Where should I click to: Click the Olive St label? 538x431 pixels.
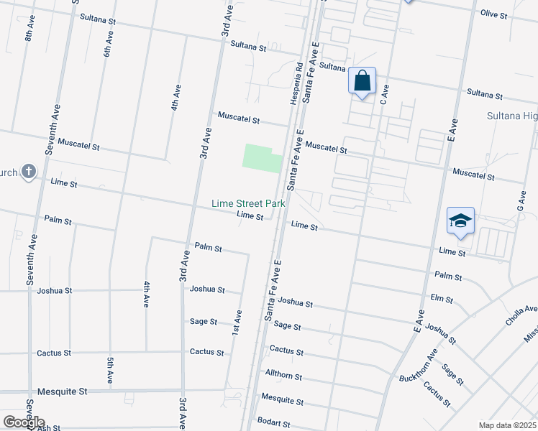coord(494,14)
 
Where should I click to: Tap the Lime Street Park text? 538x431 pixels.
coord(248,204)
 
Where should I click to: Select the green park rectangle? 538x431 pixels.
coord(262,157)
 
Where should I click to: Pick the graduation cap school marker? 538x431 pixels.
coord(460,221)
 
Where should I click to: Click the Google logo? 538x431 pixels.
coord(24,422)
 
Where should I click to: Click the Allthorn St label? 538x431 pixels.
coord(283,376)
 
